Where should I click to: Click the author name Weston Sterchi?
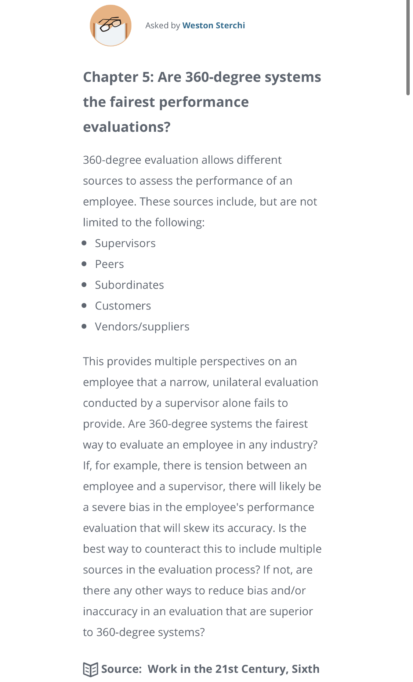(213, 25)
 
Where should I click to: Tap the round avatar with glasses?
(111, 26)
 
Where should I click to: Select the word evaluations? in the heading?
(127, 127)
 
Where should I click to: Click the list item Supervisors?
(125, 243)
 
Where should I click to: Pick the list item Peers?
(109, 264)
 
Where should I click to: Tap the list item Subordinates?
(129, 285)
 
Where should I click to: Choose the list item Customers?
(123, 306)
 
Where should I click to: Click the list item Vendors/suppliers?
(142, 327)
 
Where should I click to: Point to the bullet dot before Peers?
(84, 264)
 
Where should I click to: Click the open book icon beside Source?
(90, 670)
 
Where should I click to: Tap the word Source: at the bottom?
(122, 669)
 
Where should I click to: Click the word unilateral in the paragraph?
(236, 382)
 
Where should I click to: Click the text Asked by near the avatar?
(163, 25)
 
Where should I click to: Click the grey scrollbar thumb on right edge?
(408, 48)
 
